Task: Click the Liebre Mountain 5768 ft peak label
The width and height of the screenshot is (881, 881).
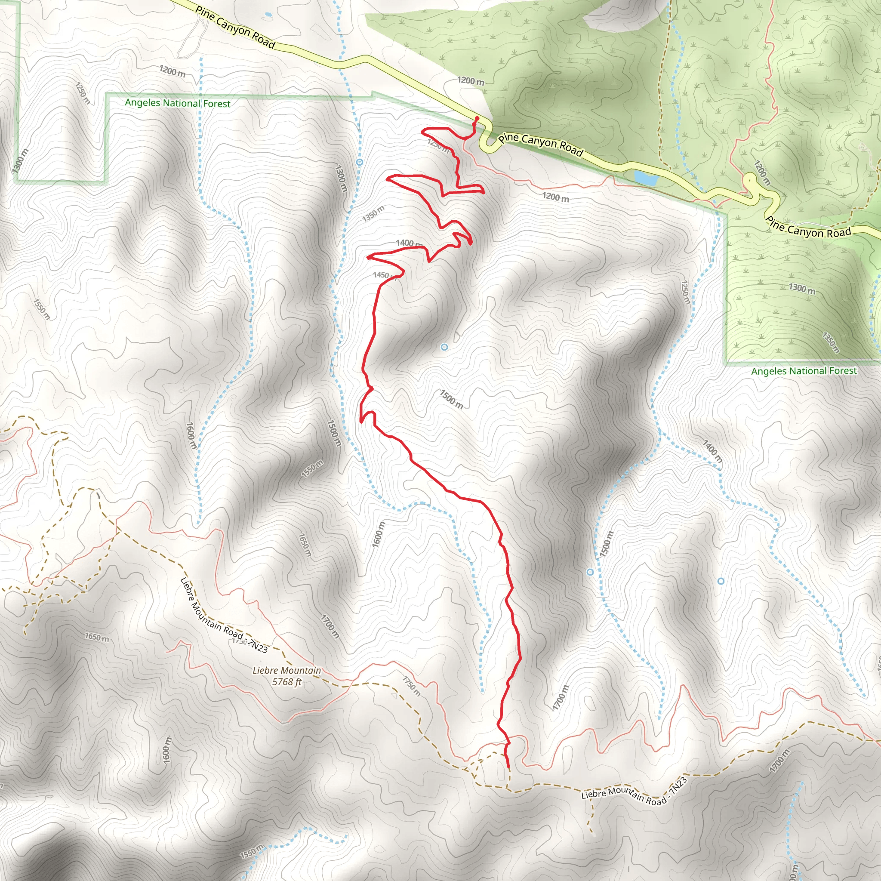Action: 287,676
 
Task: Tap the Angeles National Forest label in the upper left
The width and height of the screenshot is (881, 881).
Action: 177,103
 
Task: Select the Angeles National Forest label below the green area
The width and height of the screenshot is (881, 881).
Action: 804,371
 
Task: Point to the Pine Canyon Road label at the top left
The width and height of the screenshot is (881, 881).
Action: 235,27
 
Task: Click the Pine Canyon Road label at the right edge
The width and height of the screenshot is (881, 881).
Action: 808,228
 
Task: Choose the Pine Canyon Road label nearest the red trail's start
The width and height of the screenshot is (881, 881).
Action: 540,144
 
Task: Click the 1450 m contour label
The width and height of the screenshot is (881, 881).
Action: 382,275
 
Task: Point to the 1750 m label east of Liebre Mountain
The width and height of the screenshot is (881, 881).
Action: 411,686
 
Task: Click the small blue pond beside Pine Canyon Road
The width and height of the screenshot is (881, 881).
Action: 646,178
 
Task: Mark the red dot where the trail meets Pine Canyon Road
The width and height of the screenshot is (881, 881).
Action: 477,119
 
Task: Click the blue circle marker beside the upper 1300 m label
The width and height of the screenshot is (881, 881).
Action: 359,162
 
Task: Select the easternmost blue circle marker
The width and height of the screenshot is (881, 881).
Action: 721,581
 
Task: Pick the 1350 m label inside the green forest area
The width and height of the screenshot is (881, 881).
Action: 831,342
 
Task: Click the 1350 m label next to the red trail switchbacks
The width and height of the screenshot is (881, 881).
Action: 373,213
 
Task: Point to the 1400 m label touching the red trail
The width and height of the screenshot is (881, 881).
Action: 409,243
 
